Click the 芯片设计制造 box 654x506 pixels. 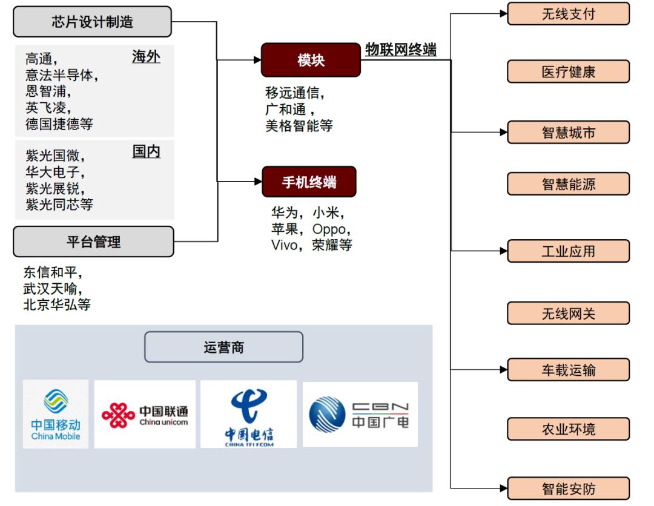92,22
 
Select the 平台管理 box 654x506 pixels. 93,241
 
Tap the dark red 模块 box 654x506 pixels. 311,60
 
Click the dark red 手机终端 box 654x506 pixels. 309,182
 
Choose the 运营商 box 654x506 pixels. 223,347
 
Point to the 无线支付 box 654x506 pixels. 569,14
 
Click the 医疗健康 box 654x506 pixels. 569,71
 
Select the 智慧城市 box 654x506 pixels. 569,133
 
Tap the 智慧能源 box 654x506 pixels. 569,184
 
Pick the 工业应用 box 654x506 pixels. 569,251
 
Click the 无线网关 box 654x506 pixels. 569,314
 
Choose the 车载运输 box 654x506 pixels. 569,370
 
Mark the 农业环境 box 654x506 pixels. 569,429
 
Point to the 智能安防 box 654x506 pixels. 569,488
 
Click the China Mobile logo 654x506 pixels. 56,414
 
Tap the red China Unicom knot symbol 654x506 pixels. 119,415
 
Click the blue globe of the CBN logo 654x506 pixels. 328,415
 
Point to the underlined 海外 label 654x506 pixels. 146,56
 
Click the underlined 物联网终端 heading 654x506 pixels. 401,50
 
